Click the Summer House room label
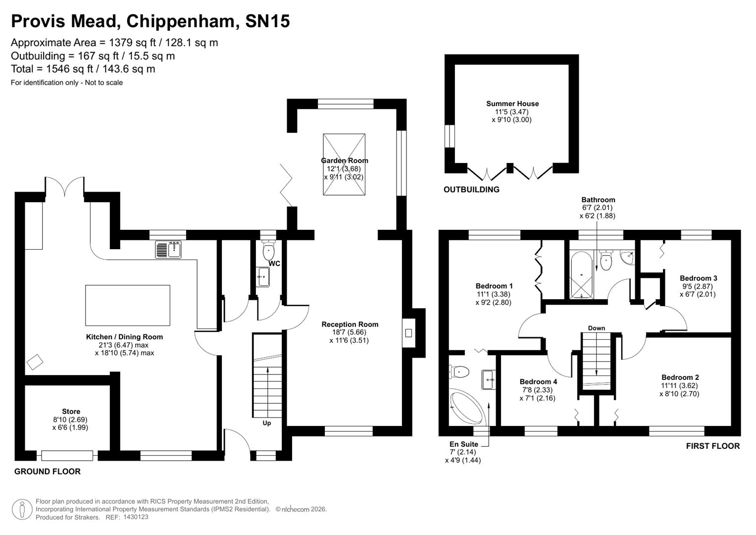512,104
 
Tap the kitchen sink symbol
168,250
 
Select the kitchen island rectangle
128,305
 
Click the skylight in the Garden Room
344,164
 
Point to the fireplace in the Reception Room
408,333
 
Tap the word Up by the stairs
267,423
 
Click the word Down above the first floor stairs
597,328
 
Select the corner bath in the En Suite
467,408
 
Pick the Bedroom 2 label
680,377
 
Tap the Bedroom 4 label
538,381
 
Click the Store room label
71,411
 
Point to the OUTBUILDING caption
471,190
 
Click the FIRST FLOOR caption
712,446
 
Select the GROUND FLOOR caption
48,472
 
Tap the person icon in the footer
22,509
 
